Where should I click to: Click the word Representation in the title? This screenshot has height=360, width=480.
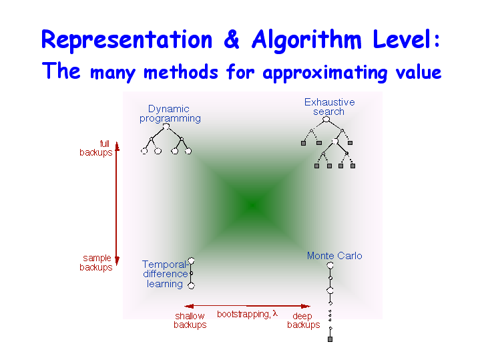127,40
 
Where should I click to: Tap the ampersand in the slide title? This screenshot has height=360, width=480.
232,39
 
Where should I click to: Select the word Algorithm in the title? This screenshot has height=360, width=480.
306,40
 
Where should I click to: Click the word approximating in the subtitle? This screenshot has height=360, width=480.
325,73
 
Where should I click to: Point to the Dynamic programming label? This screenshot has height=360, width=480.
170,114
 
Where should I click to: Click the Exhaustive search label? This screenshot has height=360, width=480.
329,107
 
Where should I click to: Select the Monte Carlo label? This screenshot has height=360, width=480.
334,256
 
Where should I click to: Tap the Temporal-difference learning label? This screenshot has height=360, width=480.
166,275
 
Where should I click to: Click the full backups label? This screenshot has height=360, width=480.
96,148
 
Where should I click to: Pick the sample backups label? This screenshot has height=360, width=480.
96,262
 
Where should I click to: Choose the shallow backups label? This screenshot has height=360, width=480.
190,321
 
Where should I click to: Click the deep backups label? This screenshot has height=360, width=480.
303,321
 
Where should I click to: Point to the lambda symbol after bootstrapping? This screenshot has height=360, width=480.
275,313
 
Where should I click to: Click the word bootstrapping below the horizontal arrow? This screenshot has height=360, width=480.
244,315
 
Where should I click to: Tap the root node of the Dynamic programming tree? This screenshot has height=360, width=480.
166,126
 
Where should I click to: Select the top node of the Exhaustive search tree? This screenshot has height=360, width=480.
326,120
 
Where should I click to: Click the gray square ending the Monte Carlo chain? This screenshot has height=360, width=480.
330,339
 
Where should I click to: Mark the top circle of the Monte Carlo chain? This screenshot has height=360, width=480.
330,265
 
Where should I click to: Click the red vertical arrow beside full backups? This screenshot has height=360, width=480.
117,204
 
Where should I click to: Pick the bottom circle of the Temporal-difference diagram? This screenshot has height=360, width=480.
192,286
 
